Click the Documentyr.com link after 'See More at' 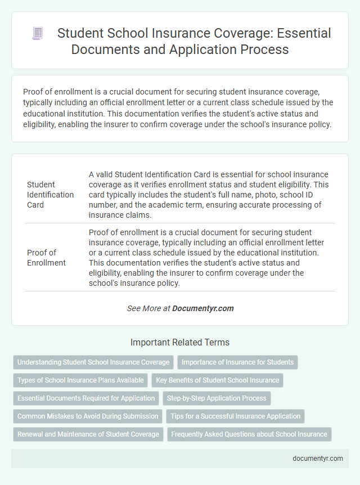pyautogui.click(x=203, y=308)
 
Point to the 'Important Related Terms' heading pyautogui.click(x=180, y=342)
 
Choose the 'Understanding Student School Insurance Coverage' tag pyautogui.click(x=93, y=362)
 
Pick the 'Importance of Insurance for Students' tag pyautogui.click(x=237, y=362)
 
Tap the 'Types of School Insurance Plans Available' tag pyautogui.click(x=80, y=380)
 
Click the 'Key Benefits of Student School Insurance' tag pyautogui.click(x=217, y=380)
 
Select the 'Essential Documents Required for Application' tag pyautogui.click(x=86, y=398)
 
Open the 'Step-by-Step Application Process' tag pyautogui.click(x=217, y=398)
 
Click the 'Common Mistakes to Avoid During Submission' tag pyautogui.click(x=88, y=416)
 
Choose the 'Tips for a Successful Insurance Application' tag pyautogui.click(x=235, y=416)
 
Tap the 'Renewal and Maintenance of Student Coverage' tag pyautogui.click(x=88, y=434)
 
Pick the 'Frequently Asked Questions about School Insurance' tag pyautogui.click(x=249, y=434)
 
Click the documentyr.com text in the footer pyautogui.click(x=318, y=459)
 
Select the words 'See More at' pyautogui.click(x=148, y=308)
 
